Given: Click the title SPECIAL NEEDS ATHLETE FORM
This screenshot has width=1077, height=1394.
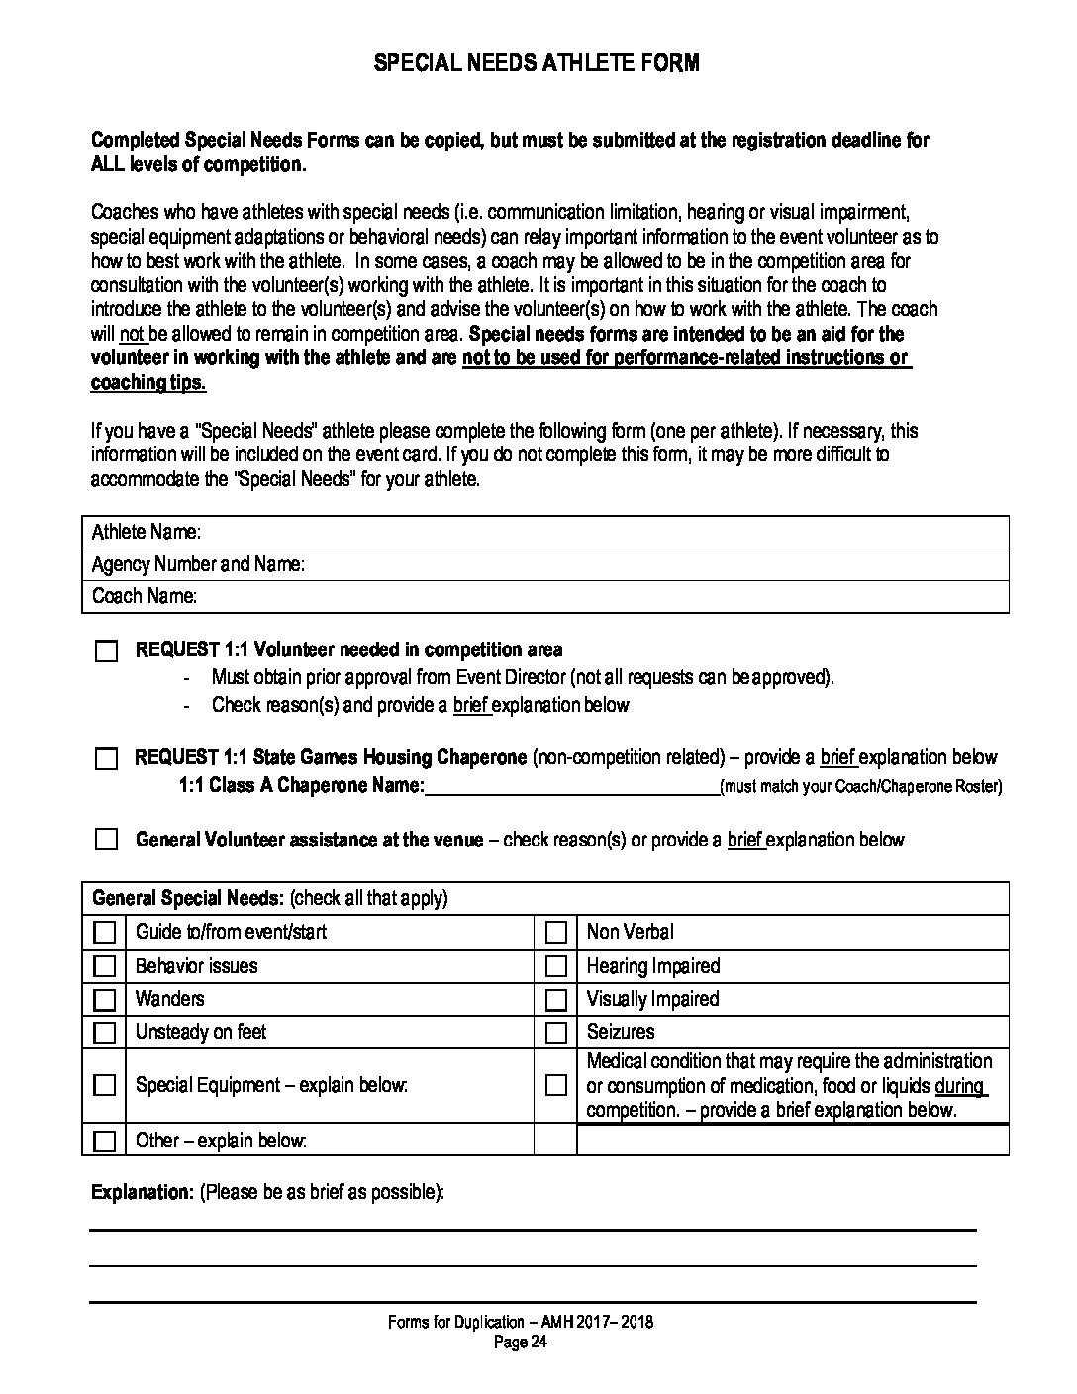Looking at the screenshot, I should [x=537, y=63].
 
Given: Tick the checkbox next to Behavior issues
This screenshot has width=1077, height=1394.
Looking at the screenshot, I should [x=104, y=966].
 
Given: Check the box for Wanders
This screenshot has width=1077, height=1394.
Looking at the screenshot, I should [x=104, y=999].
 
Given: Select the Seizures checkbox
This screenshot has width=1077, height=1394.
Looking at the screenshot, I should [x=556, y=1032].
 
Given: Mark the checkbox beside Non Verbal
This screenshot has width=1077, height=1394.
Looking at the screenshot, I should [x=556, y=932].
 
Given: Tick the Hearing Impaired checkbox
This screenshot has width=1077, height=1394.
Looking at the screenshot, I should [x=556, y=966].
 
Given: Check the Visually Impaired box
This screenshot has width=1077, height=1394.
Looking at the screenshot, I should [x=556, y=999].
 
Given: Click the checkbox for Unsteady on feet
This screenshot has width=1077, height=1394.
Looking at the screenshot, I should [x=104, y=1032].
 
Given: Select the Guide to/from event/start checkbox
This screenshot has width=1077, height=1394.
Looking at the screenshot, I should [x=104, y=932].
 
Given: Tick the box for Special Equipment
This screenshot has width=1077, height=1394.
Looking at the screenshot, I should [x=104, y=1085].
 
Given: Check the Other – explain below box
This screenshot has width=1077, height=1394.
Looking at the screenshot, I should [x=104, y=1141].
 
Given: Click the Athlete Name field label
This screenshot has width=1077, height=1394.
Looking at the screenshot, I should [x=147, y=532].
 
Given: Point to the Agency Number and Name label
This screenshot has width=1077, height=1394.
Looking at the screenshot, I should [x=198, y=564].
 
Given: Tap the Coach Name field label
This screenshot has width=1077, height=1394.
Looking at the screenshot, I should [x=145, y=596].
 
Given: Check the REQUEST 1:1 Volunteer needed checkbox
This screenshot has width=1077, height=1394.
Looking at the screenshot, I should [x=106, y=651].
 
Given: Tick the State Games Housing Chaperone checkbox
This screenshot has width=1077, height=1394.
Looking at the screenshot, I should [x=106, y=759].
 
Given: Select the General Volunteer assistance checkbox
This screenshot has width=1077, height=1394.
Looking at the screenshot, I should [x=106, y=840].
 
